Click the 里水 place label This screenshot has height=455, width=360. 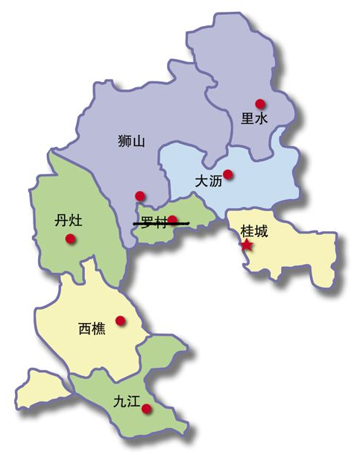click(253, 118)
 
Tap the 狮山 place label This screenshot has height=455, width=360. click(130, 140)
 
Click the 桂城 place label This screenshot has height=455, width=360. click(253, 231)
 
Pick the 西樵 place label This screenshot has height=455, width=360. click(92, 327)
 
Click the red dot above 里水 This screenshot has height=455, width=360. click(259, 104)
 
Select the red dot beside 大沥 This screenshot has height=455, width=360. click(228, 175)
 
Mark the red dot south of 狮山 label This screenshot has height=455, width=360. click(139, 196)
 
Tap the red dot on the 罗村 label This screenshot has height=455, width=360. click(172, 220)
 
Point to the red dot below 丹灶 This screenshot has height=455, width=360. click(70, 239)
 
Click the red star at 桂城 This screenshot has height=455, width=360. click(247, 244)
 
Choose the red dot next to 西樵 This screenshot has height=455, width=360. click(120, 321)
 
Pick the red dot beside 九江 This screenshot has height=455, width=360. click(147, 408)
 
